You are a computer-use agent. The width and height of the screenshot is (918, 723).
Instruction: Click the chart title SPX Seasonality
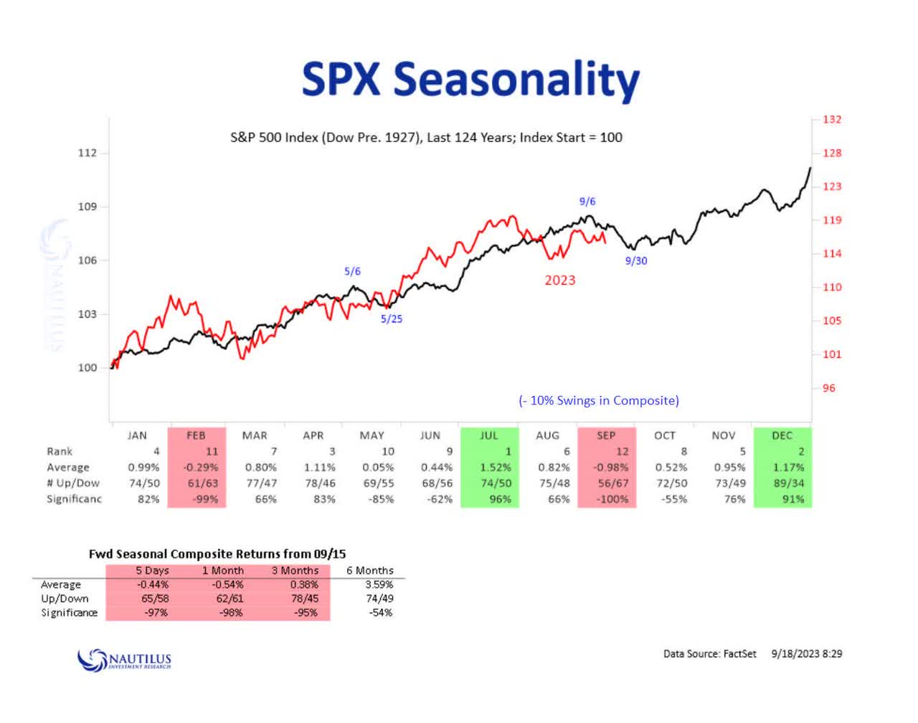pos(470,79)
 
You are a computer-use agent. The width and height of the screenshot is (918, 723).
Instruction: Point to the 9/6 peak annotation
pos(587,202)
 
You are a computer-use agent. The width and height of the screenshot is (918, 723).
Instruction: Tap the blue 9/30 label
pos(635,261)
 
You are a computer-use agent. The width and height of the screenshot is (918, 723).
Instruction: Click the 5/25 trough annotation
pos(392,319)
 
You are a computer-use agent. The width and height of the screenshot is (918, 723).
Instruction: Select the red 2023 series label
pos(559,280)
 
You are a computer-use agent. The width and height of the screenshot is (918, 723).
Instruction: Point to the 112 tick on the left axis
pos(87,153)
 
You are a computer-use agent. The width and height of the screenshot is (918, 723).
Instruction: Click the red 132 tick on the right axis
pos(832,119)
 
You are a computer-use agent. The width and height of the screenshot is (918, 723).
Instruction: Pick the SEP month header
pos(606,435)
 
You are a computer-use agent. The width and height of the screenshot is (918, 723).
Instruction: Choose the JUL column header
pos(488,435)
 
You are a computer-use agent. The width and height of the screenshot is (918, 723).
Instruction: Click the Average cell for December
pos(788,467)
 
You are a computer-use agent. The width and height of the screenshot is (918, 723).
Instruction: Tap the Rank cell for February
pos(211,451)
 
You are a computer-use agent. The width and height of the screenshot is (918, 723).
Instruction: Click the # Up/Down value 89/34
pos(788,483)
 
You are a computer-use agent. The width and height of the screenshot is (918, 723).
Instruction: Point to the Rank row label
pos(60,451)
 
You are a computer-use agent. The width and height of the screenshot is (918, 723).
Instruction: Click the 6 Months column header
pos(370,570)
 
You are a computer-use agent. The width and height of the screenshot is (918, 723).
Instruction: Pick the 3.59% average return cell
pos(379,584)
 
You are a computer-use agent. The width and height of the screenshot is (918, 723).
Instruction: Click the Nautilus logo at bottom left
pos(124,658)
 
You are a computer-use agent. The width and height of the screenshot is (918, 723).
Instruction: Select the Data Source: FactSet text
pos(709,653)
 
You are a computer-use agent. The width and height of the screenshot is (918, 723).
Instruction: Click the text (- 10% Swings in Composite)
pos(598,400)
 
